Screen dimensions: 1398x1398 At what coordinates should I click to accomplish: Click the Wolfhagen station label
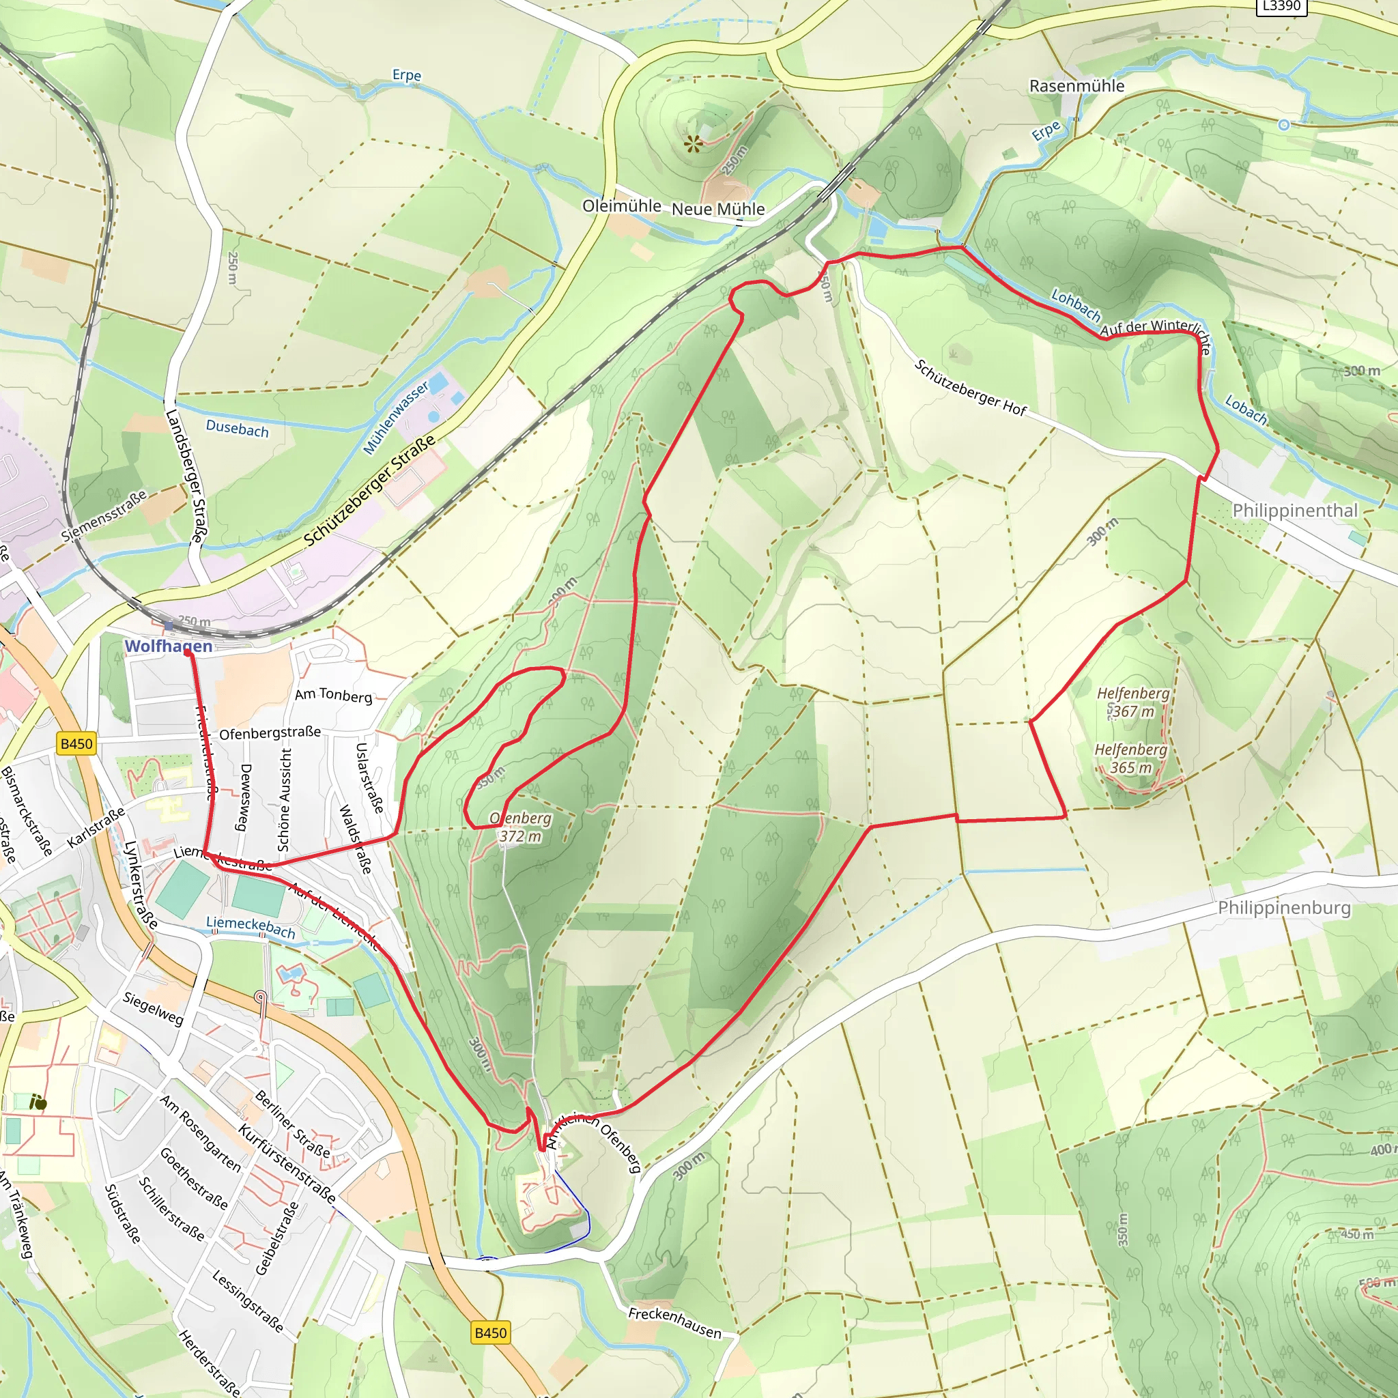point(169,646)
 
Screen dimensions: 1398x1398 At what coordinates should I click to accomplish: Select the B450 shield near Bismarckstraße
point(76,743)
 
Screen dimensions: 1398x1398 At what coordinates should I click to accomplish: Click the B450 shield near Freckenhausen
point(491,1332)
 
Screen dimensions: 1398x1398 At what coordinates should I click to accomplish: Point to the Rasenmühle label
point(1076,86)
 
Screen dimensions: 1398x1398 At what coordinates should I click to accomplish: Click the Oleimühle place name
point(622,206)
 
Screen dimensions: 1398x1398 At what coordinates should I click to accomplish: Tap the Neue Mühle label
point(718,209)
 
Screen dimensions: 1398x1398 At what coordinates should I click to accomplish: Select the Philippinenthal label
point(1294,510)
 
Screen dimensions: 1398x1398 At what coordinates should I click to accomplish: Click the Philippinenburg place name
point(1284,907)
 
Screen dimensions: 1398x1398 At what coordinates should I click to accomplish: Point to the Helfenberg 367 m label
point(1132,702)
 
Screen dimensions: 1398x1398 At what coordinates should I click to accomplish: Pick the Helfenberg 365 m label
point(1130,758)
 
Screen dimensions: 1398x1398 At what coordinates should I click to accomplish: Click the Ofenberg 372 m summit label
point(520,827)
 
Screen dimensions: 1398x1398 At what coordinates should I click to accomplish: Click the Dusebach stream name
point(237,429)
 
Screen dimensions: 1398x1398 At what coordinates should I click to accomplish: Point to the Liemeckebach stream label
point(251,927)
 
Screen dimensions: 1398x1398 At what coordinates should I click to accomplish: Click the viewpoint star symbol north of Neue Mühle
point(694,144)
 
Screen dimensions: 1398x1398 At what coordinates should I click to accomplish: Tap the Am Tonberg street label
point(333,695)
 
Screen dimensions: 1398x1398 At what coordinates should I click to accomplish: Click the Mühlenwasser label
point(395,418)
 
